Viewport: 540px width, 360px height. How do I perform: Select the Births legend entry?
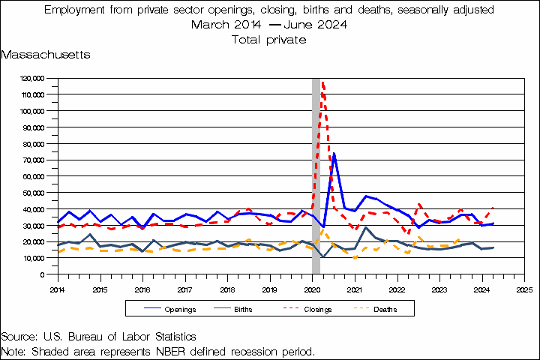(233, 309)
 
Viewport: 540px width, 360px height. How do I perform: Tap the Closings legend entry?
(307, 309)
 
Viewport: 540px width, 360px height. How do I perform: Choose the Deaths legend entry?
(376, 309)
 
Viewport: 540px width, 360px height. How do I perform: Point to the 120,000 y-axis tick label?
(32, 79)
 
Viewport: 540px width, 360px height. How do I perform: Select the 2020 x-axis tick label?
(312, 289)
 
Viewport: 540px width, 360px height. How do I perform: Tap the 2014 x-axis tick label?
(58, 289)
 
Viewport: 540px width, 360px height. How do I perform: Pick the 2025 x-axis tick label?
(524, 289)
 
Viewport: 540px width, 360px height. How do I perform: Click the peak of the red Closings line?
(322, 82)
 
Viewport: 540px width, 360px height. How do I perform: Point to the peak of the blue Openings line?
(334, 154)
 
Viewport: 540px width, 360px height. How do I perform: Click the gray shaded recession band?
(316, 175)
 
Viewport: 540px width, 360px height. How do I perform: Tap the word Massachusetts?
(46, 55)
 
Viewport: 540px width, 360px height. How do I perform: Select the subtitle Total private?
(269, 40)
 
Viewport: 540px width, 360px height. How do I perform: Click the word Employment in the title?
(74, 10)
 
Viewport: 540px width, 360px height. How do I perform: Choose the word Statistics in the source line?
(175, 337)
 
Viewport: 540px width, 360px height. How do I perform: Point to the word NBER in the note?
(170, 352)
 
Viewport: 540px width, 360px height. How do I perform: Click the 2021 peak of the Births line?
(365, 227)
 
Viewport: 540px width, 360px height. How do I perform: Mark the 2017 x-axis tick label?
(185, 289)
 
